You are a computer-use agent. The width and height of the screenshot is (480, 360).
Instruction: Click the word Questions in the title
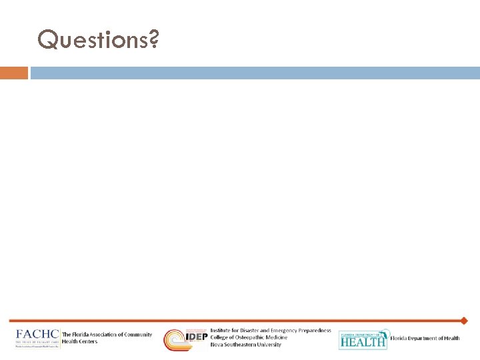[x=92, y=40]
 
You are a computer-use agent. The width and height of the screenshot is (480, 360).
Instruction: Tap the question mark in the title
[x=153, y=40]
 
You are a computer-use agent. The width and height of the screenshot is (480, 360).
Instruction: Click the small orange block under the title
[x=14, y=73]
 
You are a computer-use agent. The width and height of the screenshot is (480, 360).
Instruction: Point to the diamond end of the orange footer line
[x=464, y=321]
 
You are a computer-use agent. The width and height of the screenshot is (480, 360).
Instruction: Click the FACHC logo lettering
[x=37, y=335]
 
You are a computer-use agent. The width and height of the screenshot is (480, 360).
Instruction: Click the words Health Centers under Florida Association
[x=79, y=341]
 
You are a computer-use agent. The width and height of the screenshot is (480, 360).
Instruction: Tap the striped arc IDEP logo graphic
[x=176, y=339]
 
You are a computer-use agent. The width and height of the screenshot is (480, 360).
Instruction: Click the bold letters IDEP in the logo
[x=196, y=337]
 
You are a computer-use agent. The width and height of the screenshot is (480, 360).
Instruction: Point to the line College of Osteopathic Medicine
[x=249, y=337]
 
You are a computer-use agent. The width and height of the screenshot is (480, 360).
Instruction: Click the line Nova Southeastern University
[x=246, y=345]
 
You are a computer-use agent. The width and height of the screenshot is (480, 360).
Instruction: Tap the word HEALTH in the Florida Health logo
[x=363, y=342]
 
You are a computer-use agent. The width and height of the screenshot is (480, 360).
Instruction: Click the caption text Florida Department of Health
[x=425, y=339]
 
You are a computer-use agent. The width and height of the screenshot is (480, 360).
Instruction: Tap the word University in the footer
[x=267, y=345]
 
